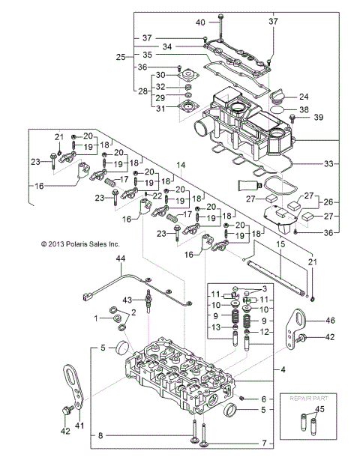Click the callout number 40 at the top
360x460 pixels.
(200, 23)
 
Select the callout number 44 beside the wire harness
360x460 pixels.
(119, 258)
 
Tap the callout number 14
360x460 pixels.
(180, 164)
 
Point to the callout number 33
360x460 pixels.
(320, 163)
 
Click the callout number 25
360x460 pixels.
(120, 56)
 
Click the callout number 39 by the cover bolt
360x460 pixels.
(318, 118)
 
